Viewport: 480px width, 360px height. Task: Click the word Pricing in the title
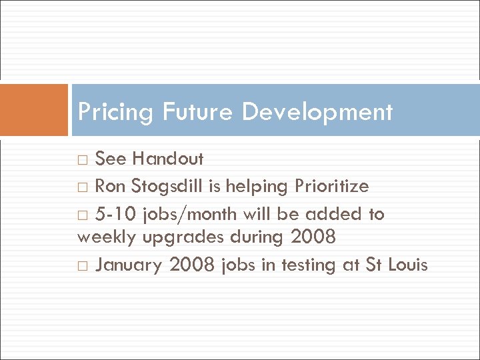pyautogui.click(x=116, y=112)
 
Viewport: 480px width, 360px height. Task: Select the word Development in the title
pyautogui.click(x=317, y=112)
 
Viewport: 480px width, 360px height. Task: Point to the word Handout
pyautogui.click(x=168, y=159)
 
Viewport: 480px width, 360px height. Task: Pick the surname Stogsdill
pyautogui.click(x=169, y=186)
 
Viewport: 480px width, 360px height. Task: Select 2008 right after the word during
pyautogui.click(x=313, y=236)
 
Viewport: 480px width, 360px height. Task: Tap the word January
pyautogui.click(x=129, y=265)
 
